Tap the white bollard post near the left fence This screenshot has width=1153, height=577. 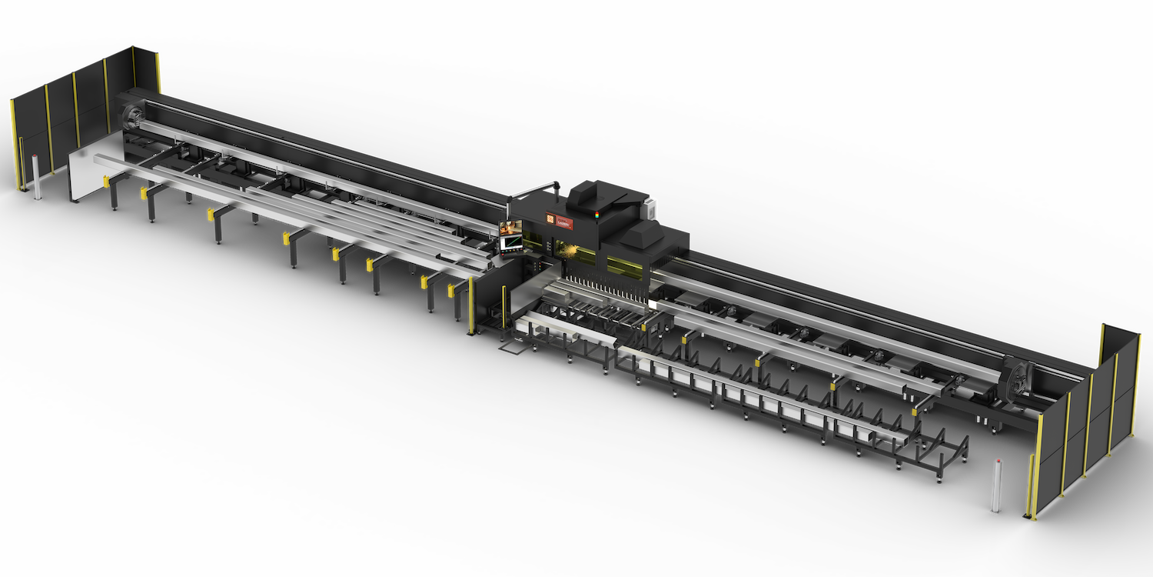coord(37,178)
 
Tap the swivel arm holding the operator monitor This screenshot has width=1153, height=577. coord(530,189)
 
